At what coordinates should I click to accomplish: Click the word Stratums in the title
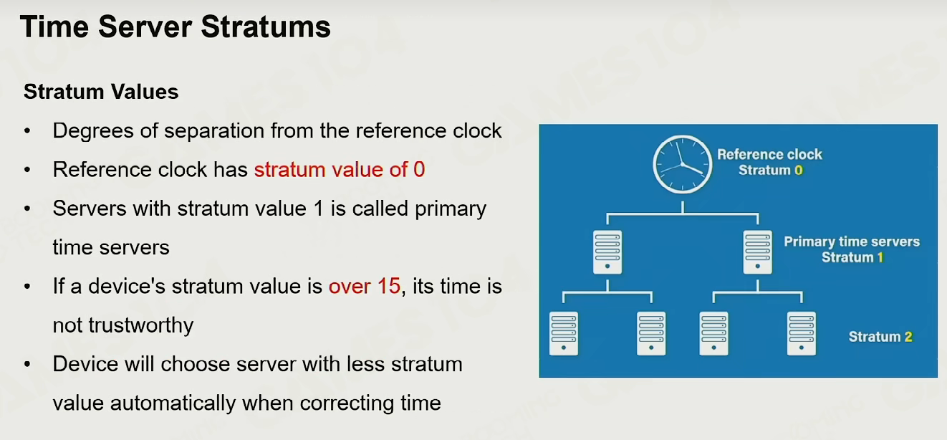pos(266,27)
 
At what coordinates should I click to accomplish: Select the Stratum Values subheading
pos(101,92)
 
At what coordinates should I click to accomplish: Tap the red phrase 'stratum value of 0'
pos(340,170)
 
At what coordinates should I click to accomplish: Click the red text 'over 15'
pos(365,287)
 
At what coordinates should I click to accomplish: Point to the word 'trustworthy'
pos(141,326)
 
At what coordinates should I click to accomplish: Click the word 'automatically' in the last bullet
pos(173,403)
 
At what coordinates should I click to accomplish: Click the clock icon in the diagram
pos(683,164)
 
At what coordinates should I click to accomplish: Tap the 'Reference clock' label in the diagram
pos(769,154)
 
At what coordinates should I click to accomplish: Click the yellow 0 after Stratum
pos(799,170)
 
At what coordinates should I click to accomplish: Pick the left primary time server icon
pos(607,252)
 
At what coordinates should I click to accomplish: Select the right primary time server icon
pos(758,252)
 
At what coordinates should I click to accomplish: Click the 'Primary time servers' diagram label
pos(852,241)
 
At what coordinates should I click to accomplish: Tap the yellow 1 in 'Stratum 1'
pos(880,257)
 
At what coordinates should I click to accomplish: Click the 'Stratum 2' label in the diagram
pos(880,337)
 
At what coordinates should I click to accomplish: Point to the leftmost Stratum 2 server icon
pos(564,334)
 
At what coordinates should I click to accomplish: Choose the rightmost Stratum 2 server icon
pos(802,334)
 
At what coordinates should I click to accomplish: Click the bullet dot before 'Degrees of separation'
pos(27,130)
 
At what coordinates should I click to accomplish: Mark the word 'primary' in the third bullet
pos(451,209)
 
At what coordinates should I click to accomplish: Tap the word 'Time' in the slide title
pos(54,27)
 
